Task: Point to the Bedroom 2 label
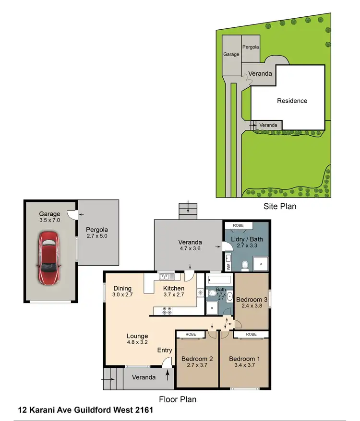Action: (x=197, y=362)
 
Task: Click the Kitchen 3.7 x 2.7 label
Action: (x=173, y=292)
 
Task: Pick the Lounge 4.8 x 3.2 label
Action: (x=137, y=339)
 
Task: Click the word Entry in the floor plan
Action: (x=165, y=351)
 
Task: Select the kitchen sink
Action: (x=167, y=276)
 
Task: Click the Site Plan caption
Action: (x=279, y=207)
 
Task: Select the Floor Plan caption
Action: (x=177, y=399)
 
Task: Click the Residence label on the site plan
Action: (x=292, y=101)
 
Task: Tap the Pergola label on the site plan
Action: (x=251, y=47)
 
